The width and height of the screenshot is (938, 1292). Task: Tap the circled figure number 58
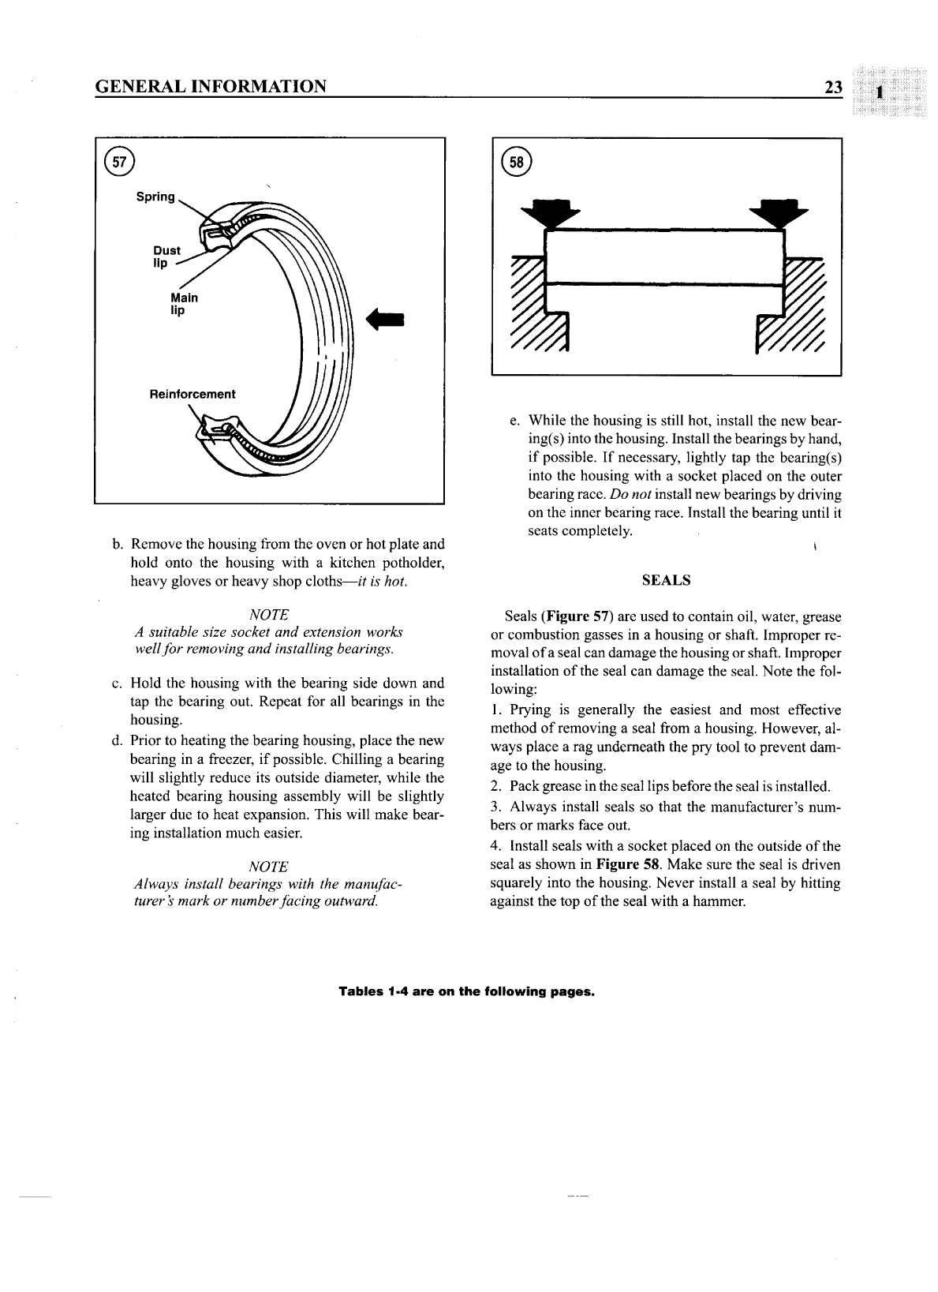[x=518, y=164]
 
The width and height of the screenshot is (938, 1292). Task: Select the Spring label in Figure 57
[x=155, y=197]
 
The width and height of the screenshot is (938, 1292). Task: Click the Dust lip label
[x=166, y=257]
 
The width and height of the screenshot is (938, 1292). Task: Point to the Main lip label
[x=184, y=304]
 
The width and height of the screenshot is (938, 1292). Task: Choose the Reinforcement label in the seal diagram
[x=192, y=394]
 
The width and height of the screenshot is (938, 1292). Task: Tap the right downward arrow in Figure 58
[x=780, y=212]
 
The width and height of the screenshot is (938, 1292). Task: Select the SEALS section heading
[x=667, y=580]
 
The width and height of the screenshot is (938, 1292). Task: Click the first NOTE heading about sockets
[x=268, y=614]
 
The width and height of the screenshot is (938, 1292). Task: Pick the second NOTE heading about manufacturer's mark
[x=268, y=865]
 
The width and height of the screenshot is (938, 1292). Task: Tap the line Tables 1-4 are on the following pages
[x=465, y=991]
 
